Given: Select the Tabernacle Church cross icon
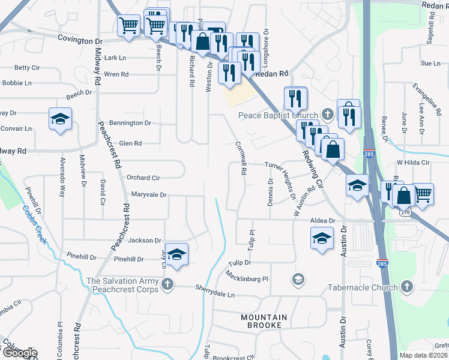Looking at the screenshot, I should click(407, 287).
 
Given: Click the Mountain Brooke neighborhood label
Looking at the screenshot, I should click(264, 321).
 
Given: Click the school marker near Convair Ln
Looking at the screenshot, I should click(60, 119).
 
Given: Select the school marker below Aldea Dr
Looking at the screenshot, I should click(322, 239).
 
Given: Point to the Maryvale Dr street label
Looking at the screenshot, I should click(148, 195).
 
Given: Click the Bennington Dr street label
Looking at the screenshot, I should click(130, 123).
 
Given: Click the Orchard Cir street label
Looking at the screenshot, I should click(143, 178).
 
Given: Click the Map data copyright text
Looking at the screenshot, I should click(424, 355).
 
